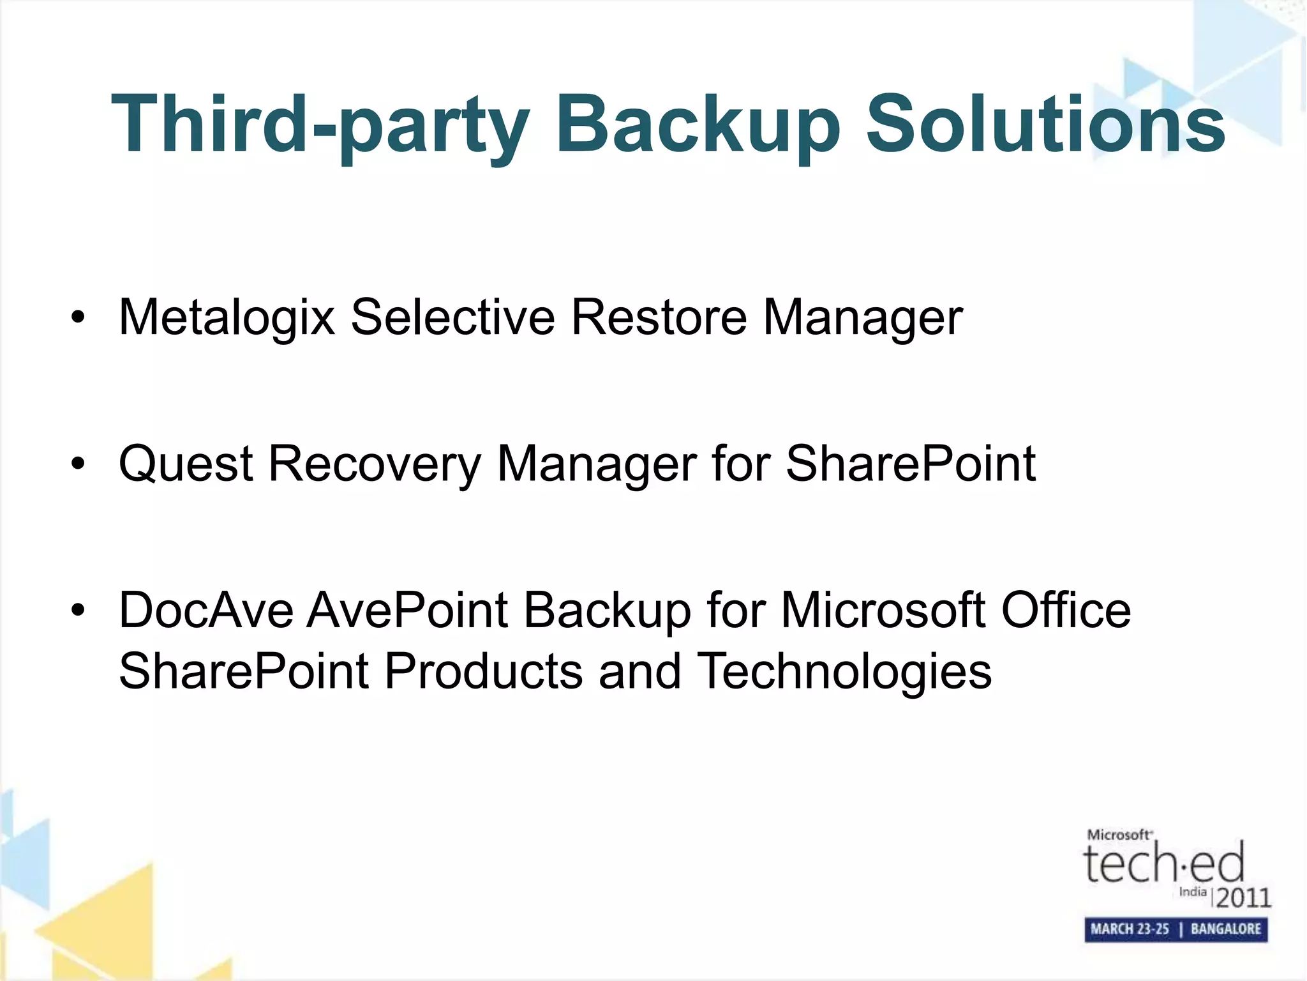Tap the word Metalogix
tap(227, 317)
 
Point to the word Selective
tap(452, 317)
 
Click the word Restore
tap(659, 317)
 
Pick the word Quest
tap(186, 464)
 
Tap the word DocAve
tap(205, 611)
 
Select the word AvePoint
tap(408, 611)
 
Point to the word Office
tap(1066, 611)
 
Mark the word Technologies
tap(844, 671)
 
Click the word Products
tap(484, 671)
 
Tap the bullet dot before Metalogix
tap(78, 317)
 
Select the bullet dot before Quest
tap(78, 464)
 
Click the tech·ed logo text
tap(1163, 862)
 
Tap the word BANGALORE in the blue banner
tap(1225, 929)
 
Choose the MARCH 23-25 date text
tap(1130, 929)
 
